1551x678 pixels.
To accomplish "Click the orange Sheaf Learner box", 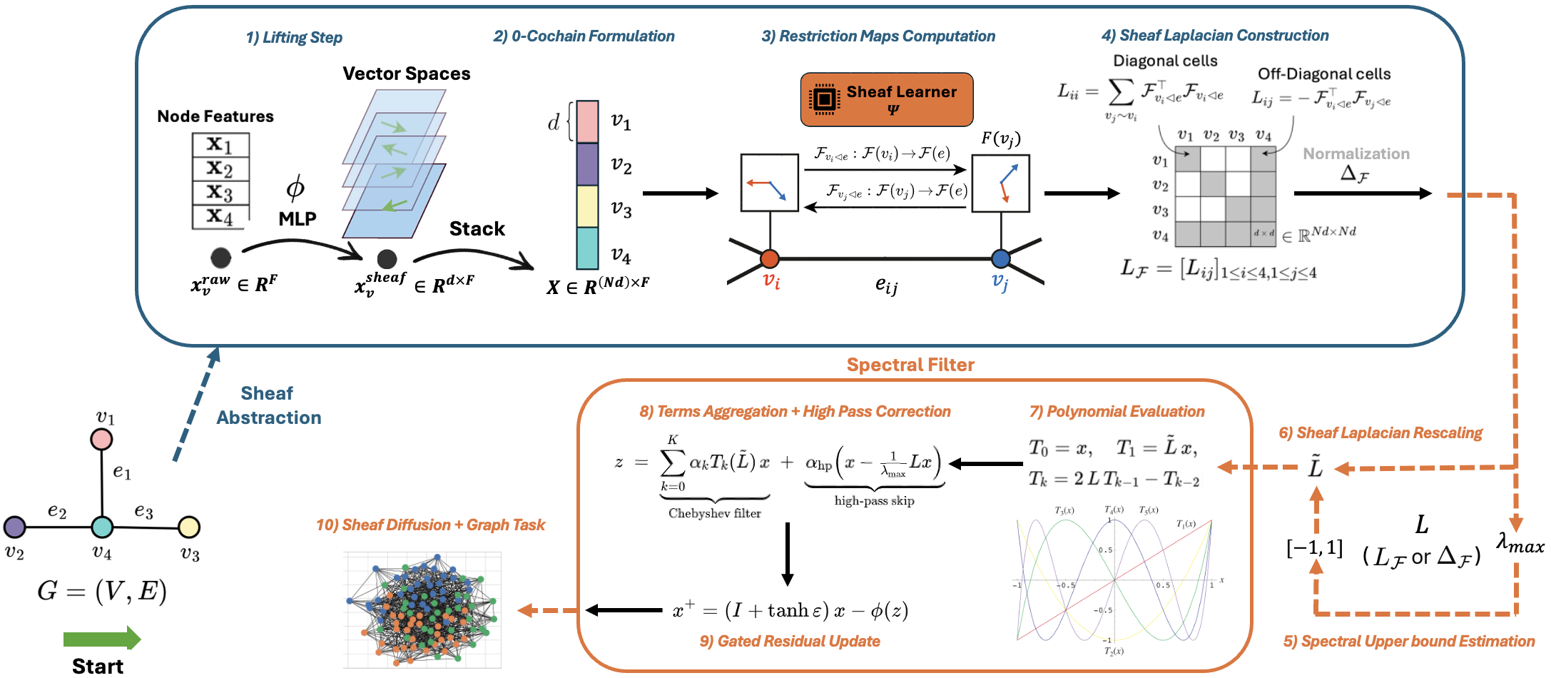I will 886,99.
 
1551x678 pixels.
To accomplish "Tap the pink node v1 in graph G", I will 101,439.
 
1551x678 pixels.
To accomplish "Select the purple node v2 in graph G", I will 14,527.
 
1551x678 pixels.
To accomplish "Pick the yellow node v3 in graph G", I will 189,527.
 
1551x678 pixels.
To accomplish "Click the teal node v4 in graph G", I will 102,527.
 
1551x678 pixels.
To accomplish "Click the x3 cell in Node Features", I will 220,193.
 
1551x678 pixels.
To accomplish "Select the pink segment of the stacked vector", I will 587,121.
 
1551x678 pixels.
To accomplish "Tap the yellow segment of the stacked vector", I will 587,206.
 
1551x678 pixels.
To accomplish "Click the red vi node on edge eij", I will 769,258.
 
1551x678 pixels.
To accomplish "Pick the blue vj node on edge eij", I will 1000,258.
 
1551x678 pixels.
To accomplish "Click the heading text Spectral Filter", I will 910,365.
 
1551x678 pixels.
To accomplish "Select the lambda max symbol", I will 1520,544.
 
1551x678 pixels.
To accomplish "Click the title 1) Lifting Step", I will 294,37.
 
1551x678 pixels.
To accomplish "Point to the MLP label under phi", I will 298,218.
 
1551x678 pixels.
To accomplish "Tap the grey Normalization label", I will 1356,153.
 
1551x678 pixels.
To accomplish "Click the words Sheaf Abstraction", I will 268,405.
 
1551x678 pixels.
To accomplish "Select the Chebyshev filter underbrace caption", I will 714,513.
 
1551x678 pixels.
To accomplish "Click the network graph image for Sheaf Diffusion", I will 422,609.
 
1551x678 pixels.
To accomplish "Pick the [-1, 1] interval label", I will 1314,548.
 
